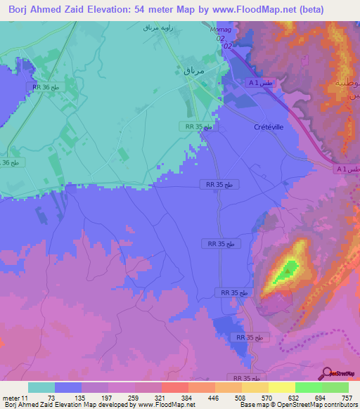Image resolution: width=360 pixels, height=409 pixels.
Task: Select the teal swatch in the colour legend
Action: tap(41, 387)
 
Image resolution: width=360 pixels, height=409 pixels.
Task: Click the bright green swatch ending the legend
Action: tap(335, 387)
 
